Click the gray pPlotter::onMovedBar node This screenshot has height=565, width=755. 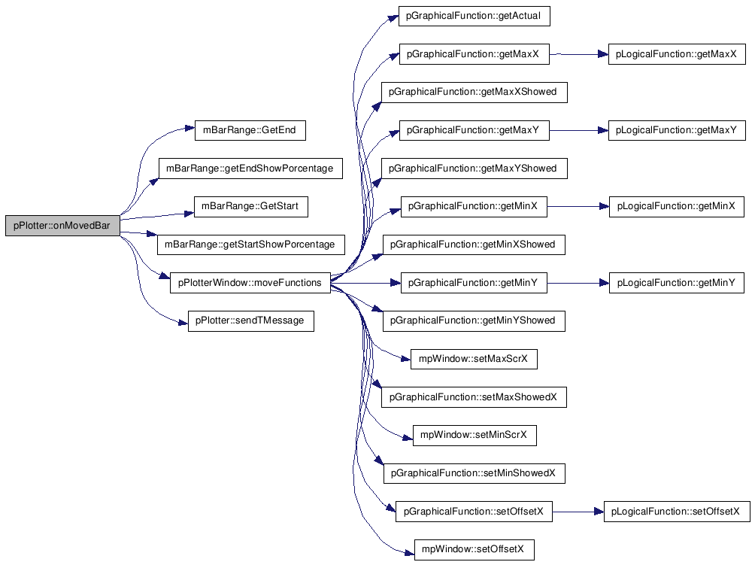click(62, 226)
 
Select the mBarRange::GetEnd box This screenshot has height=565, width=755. click(250, 130)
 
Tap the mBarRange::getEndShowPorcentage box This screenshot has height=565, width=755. click(250, 168)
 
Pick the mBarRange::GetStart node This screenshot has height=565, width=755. click(251, 206)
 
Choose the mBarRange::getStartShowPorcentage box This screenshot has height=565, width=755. click(251, 245)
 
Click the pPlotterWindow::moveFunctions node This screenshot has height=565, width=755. click(250, 283)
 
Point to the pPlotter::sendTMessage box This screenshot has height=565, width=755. click(251, 320)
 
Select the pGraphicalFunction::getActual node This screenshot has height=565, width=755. click(475, 15)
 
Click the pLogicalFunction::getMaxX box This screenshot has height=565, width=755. click(677, 54)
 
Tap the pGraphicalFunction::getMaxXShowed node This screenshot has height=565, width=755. click(475, 92)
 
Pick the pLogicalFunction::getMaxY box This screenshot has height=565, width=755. click(677, 130)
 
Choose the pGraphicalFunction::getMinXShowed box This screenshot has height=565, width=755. click(474, 245)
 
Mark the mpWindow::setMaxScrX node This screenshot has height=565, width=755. click(474, 359)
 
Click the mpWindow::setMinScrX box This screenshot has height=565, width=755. click(475, 435)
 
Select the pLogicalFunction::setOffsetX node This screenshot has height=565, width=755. click(677, 512)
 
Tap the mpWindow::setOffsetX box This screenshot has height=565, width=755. click(475, 550)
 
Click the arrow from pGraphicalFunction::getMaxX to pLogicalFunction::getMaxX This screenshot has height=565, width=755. click(579, 54)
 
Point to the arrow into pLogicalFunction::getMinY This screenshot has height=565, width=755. click(578, 283)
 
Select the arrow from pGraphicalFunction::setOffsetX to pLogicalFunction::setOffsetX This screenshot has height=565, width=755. click(578, 512)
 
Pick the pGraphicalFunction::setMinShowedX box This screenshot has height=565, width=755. click(475, 473)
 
